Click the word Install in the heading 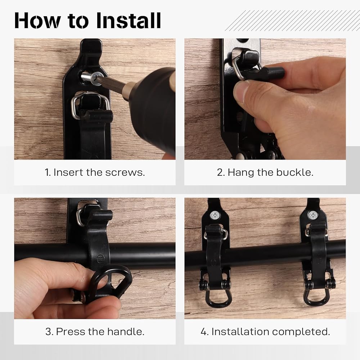(x=129, y=20)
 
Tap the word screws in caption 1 (x=125, y=173)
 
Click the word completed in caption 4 (x=301, y=332)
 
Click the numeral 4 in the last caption (x=204, y=332)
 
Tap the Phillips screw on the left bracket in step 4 (x=215, y=215)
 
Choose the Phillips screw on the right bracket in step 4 (x=313, y=215)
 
